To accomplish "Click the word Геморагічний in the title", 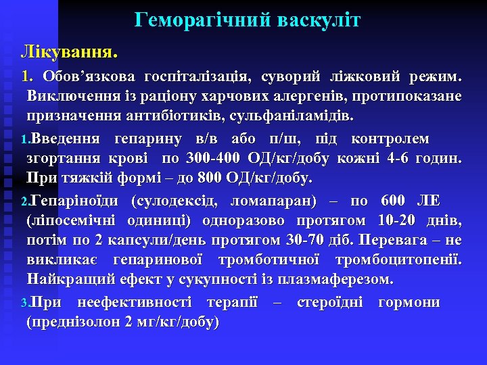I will (x=201, y=21).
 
